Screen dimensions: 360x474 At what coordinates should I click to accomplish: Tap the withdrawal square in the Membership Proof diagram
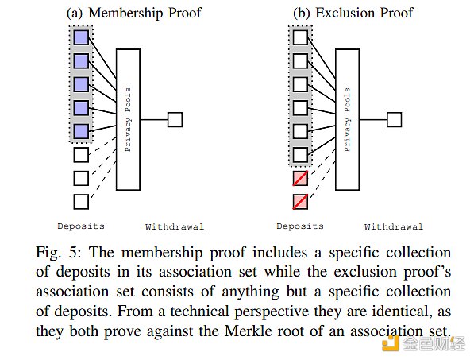tap(175, 119)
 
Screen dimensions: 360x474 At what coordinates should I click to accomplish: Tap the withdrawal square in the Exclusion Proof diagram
tap(393, 119)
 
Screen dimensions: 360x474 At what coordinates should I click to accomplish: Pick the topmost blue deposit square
tap(80, 37)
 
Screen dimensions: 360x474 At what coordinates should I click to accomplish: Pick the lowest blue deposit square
tap(80, 130)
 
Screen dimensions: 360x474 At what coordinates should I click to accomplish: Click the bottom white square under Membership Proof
tap(80, 201)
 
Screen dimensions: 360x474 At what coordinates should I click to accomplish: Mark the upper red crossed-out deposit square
tap(299, 177)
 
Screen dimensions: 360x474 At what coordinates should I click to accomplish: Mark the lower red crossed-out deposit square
tap(299, 201)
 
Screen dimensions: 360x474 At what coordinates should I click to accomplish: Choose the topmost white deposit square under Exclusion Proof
tap(299, 37)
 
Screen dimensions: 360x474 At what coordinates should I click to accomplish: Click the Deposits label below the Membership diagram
tap(80, 226)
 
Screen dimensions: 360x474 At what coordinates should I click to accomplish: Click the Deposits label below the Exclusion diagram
tap(299, 226)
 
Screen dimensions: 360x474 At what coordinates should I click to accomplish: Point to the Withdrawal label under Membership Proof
tap(174, 226)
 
